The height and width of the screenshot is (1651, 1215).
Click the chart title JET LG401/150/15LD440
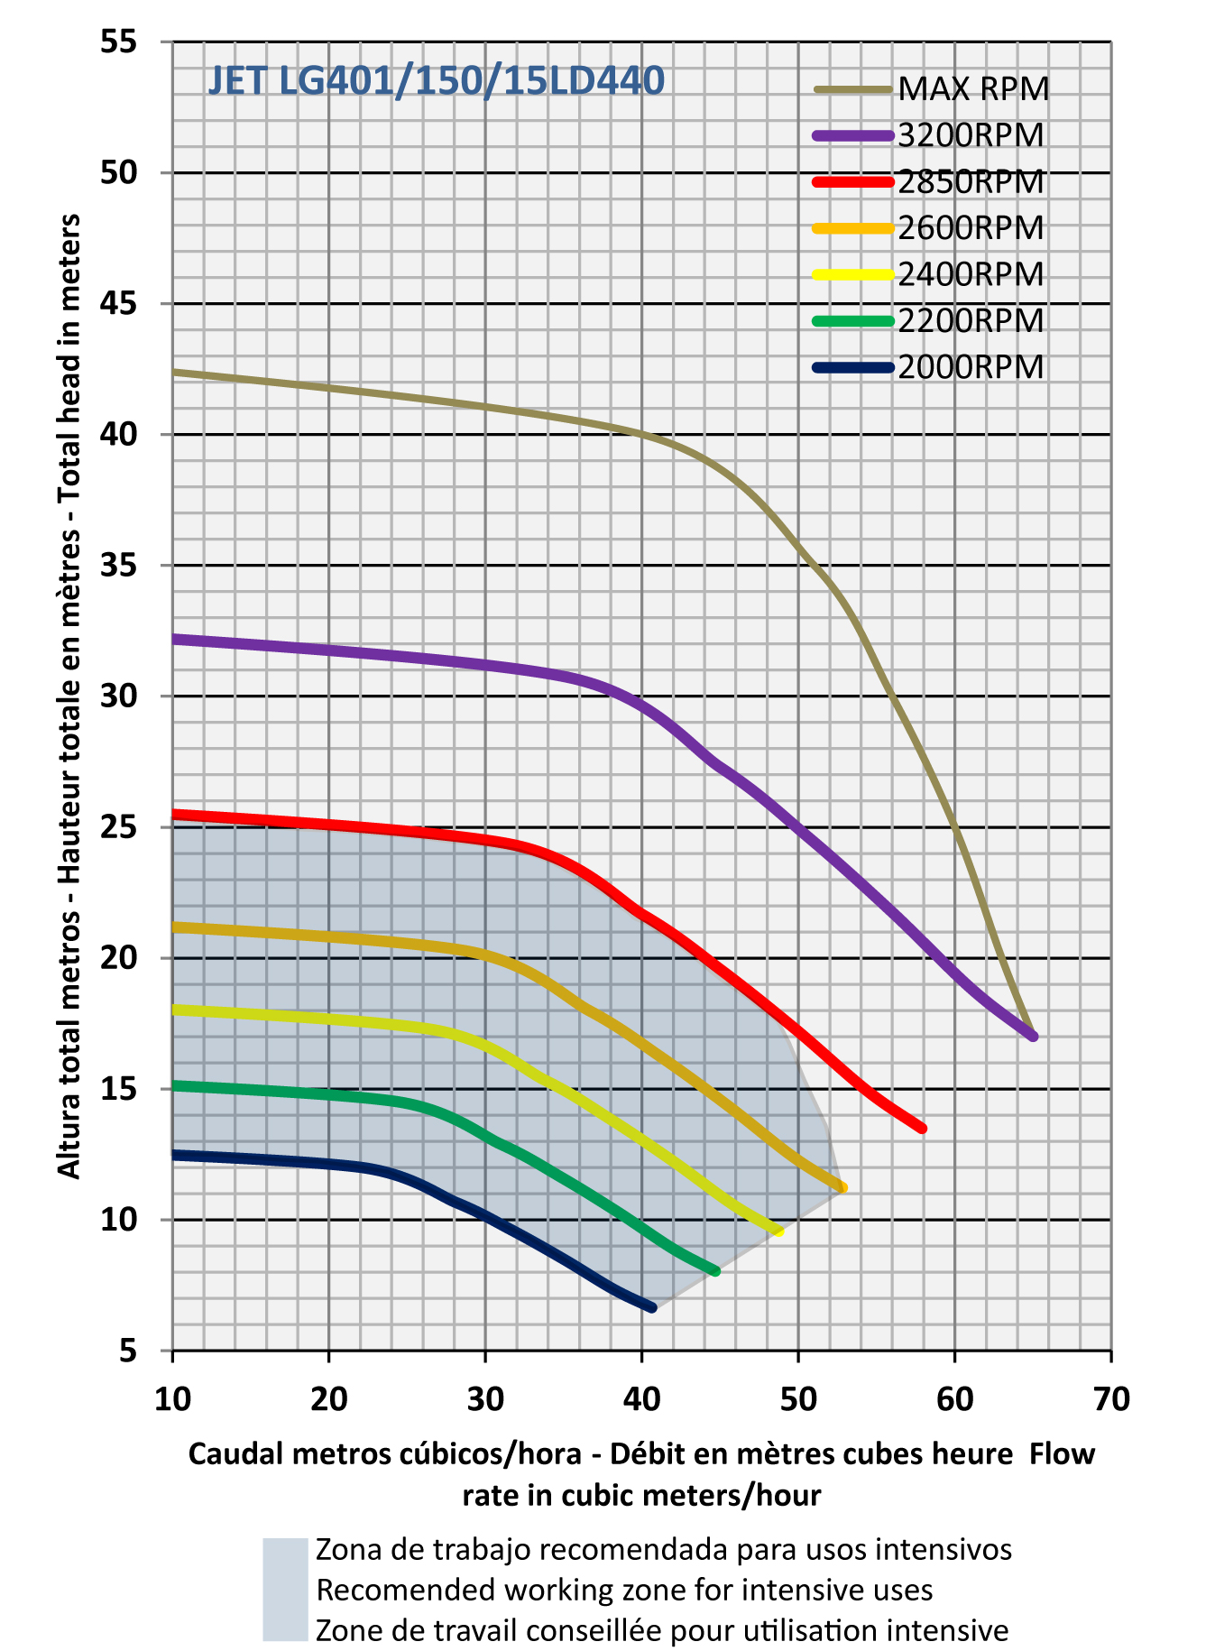(x=436, y=81)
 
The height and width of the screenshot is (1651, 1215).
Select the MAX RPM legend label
(x=974, y=89)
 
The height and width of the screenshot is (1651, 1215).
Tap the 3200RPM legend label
(x=971, y=135)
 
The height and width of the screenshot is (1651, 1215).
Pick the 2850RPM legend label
(x=971, y=182)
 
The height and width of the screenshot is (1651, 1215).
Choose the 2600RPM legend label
(x=971, y=228)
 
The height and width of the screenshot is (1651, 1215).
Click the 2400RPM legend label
(x=971, y=274)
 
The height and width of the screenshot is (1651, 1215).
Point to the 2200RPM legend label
(x=971, y=321)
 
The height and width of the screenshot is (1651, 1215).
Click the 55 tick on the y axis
(x=119, y=42)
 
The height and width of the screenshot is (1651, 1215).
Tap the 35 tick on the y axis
(x=119, y=566)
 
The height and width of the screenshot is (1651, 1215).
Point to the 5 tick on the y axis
(x=128, y=1351)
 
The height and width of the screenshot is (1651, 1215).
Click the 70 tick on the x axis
(x=1110, y=1399)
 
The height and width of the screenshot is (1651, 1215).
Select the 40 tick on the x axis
(x=641, y=1399)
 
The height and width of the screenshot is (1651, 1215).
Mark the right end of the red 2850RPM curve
(x=922, y=1128)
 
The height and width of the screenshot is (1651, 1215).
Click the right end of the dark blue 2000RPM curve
(x=651, y=1307)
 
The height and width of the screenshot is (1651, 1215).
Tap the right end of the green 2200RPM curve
(x=716, y=1271)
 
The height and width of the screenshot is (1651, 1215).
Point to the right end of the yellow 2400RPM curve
(x=778, y=1231)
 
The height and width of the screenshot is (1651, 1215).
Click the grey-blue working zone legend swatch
(x=285, y=1589)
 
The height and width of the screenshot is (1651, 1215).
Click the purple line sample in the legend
(x=853, y=135)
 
